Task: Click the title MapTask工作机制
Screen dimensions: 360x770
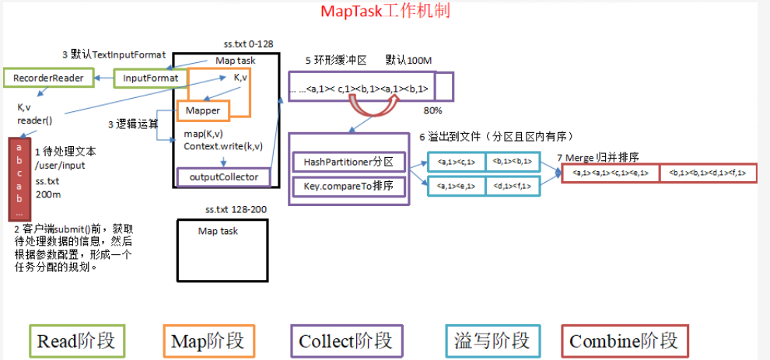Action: click(x=385, y=12)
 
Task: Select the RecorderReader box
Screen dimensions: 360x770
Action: click(x=49, y=78)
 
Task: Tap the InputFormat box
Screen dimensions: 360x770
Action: click(x=151, y=78)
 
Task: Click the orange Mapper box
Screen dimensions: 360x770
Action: click(x=203, y=111)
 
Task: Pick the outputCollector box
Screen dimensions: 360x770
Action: click(x=224, y=177)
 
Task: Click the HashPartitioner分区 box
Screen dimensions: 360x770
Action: click(x=349, y=162)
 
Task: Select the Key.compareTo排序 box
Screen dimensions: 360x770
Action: click(x=349, y=187)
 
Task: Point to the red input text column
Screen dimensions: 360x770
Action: click(x=19, y=179)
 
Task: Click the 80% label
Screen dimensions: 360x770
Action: click(x=432, y=110)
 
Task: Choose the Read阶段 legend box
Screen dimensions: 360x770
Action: click(x=76, y=341)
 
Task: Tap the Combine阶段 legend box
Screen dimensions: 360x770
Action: click(x=623, y=341)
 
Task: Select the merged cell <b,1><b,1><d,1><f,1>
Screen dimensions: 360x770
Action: click(x=707, y=173)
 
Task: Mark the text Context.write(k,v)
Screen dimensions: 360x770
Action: click(x=222, y=146)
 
